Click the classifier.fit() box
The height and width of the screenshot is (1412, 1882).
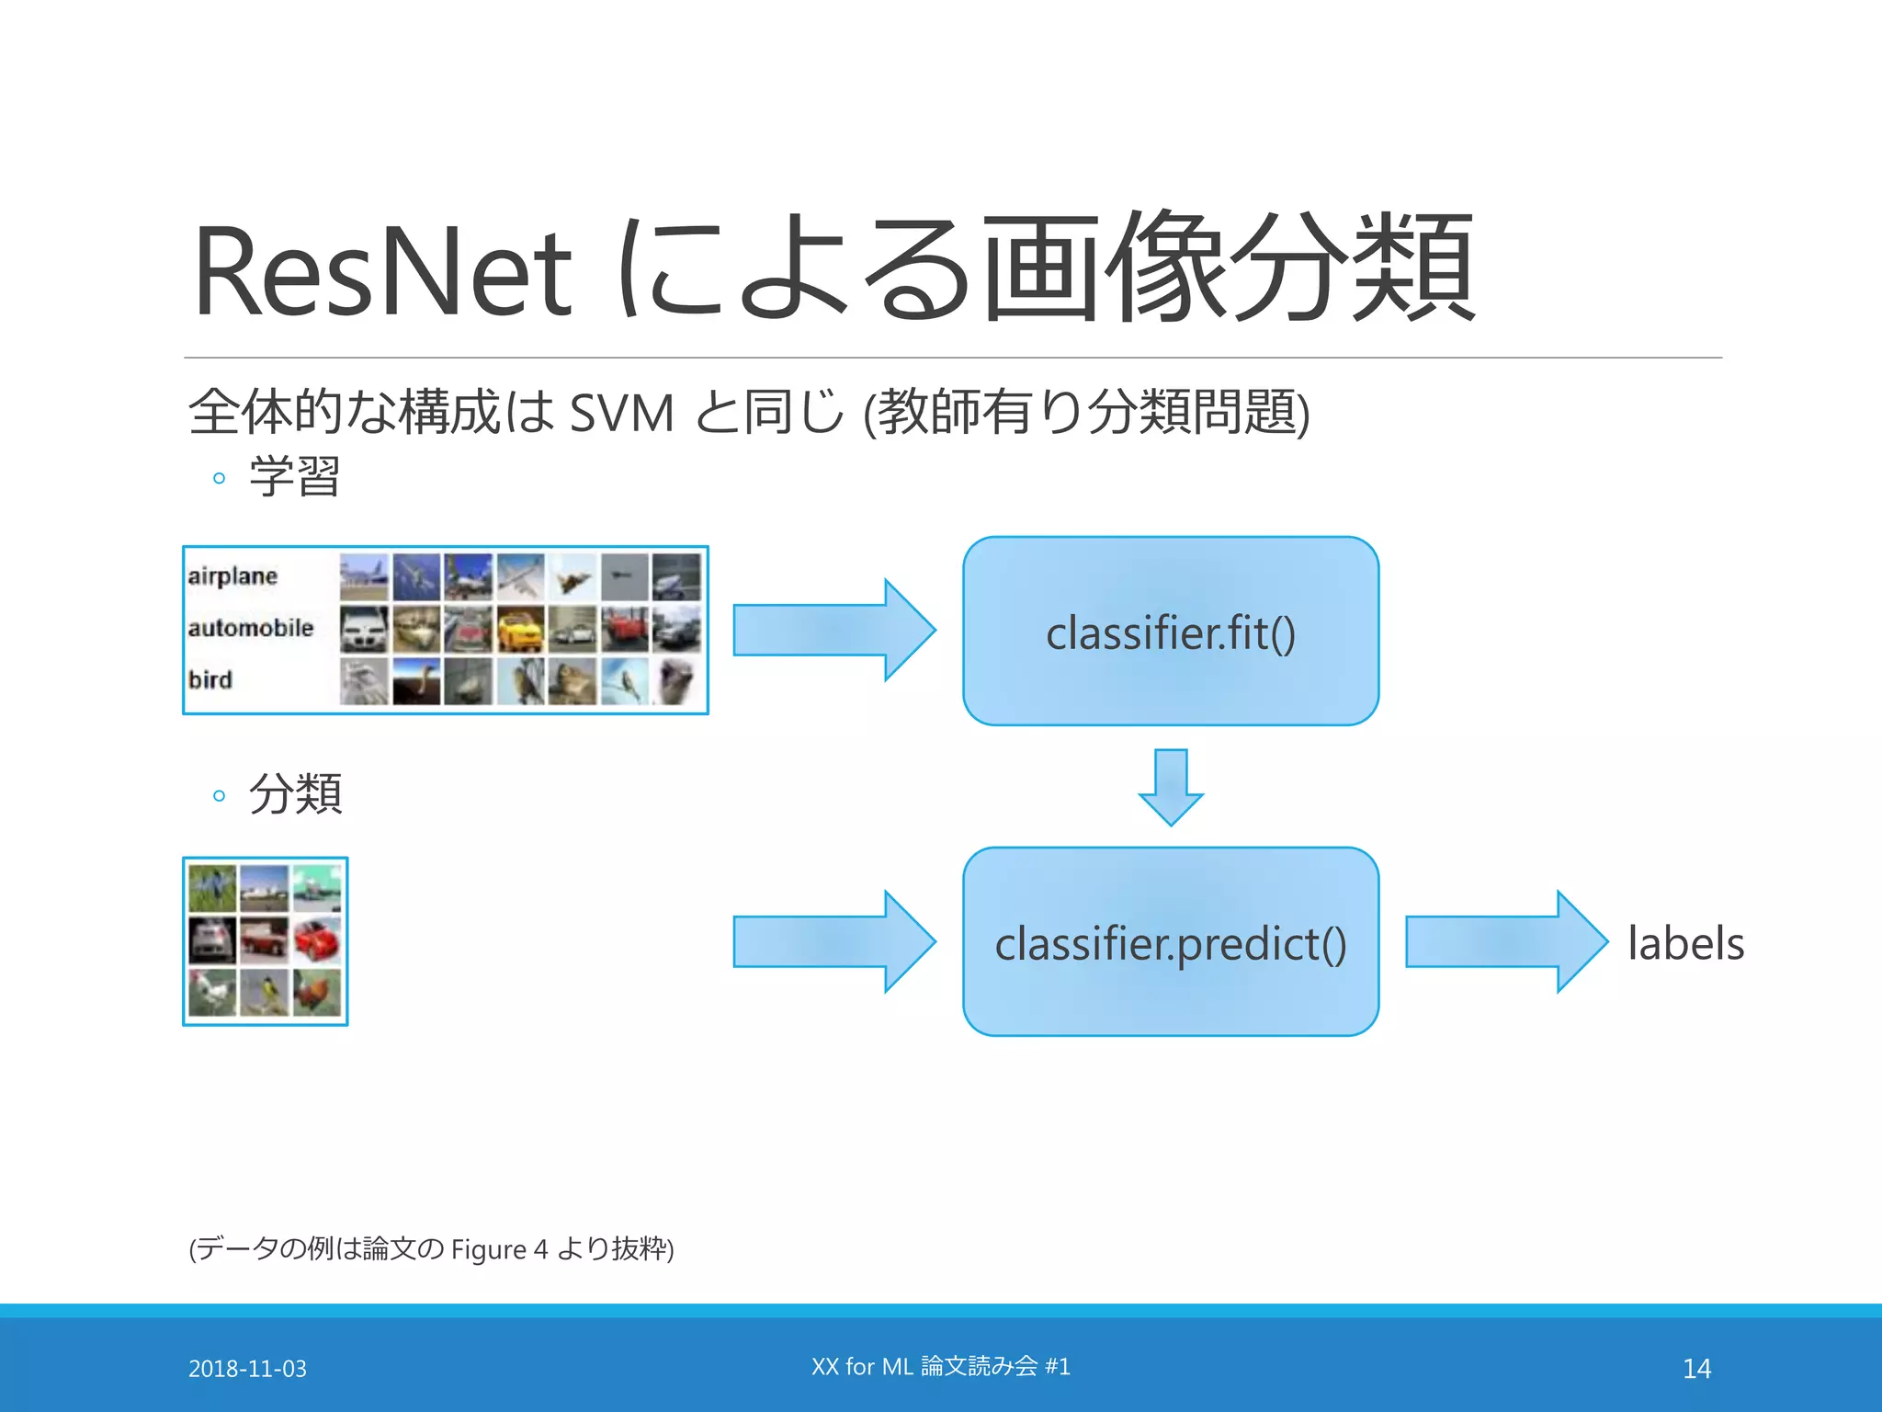(1171, 632)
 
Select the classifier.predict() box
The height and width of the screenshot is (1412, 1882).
(1171, 942)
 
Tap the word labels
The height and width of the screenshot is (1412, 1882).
(1685, 943)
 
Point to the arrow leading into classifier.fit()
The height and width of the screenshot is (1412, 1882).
(833, 631)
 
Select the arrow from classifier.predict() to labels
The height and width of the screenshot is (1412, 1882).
(1505, 941)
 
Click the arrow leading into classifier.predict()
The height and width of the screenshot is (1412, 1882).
(833, 941)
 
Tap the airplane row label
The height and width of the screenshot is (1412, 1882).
(232, 576)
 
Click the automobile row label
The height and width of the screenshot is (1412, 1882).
(250, 628)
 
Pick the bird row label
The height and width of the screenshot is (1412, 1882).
(210, 679)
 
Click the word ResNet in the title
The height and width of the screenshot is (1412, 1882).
(382, 272)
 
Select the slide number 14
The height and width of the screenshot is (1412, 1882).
(1696, 1369)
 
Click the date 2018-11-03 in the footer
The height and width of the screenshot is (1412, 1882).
(247, 1369)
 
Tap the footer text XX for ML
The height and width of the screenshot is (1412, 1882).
(861, 1367)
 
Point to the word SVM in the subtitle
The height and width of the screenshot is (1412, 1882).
(621, 413)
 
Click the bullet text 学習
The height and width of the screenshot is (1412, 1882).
(295, 476)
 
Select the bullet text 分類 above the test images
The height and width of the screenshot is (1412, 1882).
(295, 793)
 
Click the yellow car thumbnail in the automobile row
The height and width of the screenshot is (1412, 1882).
(521, 629)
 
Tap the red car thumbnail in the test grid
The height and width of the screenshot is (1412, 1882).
(317, 940)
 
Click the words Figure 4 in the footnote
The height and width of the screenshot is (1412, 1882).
(499, 1249)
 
